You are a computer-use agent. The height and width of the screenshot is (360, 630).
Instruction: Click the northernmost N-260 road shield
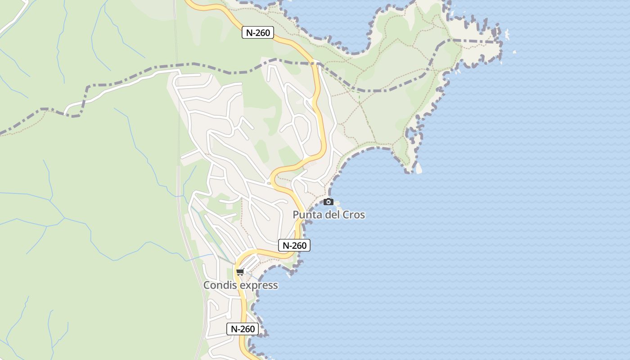258,32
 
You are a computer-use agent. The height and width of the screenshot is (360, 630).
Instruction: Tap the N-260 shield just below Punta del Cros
294,245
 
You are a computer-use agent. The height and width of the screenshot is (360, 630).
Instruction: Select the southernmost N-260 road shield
243,329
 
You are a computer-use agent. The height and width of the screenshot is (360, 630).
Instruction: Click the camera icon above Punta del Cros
329,202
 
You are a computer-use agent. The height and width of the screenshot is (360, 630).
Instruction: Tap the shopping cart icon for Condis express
240,272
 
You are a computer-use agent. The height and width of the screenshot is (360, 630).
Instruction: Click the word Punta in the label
307,215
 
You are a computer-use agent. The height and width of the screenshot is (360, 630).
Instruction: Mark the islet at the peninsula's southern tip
418,168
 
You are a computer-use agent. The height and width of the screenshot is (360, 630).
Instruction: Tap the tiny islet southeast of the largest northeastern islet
514,52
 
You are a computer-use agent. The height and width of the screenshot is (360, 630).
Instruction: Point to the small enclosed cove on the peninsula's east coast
412,133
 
